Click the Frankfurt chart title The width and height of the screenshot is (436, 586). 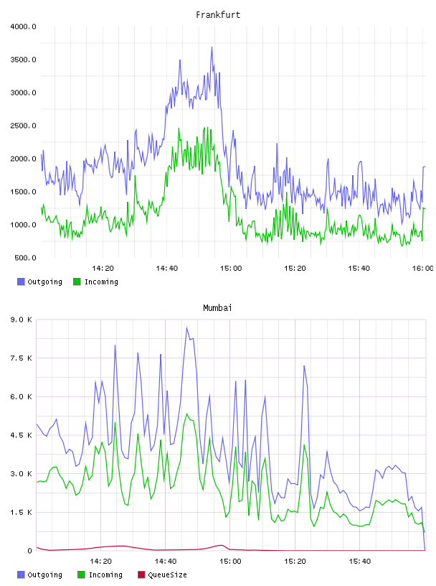tap(218, 15)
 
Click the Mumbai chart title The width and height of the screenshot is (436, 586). tap(217, 308)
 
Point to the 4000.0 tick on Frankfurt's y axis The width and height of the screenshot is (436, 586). tap(23, 27)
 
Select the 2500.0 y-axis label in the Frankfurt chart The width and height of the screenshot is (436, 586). tap(23, 126)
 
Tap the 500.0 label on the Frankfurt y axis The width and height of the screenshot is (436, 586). tap(25, 258)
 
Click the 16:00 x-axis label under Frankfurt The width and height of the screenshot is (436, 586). tap(422, 269)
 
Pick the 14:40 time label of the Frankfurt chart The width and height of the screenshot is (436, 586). tap(166, 269)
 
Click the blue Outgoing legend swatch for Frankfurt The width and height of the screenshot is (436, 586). tap(21, 282)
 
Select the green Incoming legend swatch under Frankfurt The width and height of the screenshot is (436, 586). tap(77, 282)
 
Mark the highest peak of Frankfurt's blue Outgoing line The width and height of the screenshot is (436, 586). tap(212, 47)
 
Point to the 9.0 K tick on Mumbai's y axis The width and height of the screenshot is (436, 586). tap(21, 320)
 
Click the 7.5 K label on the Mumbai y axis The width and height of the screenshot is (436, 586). tap(21, 358)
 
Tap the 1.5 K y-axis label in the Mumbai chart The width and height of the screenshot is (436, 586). tap(21, 512)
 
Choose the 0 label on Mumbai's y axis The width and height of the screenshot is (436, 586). tap(30, 551)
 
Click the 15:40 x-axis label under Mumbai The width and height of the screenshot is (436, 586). tap(359, 562)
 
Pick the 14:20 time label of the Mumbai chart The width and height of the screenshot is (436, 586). tap(101, 562)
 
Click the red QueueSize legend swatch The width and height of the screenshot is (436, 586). tap(141, 575)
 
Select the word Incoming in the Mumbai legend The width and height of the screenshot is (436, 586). tap(105, 575)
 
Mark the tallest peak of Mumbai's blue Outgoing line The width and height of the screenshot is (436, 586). tap(187, 327)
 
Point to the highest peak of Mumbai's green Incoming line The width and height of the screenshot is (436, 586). tap(187, 414)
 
